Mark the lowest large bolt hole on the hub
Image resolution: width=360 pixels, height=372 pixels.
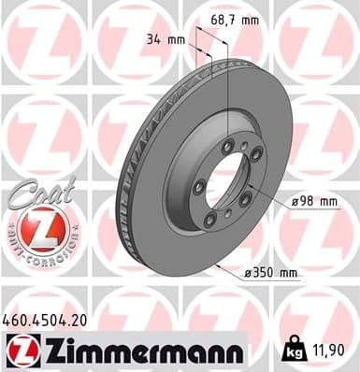pos(211,219)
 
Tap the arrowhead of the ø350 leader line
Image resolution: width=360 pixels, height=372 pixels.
pos(216,266)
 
